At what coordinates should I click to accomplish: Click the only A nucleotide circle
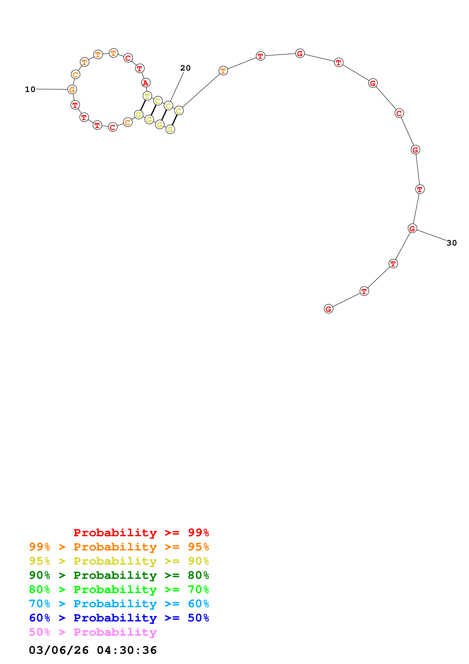pyautogui.click(x=146, y=83)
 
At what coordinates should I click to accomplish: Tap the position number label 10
pyautogui.click(x=30, y=89)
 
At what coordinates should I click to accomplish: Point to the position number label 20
pyautogui.click(x=185, y=68)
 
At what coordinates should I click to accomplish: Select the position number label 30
pyautogui.click(x=451, y=243)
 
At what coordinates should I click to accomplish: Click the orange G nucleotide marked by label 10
pyautogui.click(x=72, y=90)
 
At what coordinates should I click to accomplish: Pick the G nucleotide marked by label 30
pyautogui.click(x=412, y=228)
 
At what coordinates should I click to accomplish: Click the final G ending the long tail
pyautogui.click(x=328, y=309)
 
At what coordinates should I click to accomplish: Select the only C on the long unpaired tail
pyautogui.click(x=399, y=113)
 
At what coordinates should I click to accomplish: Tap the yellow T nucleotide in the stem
pyautogui.click(x=147, y=96)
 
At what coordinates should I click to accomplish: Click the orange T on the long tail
pyautogui.click(x=223, y=71)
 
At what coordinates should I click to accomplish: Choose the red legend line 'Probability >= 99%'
pyautogui.click(x=141, y=532)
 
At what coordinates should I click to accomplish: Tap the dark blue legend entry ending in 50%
pyautogui.click(x=119, y=618)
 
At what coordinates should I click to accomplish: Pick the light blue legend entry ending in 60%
pyautogui.click(x=119, y=604)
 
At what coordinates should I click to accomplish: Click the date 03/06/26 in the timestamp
pyautogui.click(x=59, y=650)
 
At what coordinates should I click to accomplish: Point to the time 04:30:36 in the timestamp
pyautogui.click(x=127, y=650)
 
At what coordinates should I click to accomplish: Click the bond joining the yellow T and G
pyautogui.click(x=143, y=105)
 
